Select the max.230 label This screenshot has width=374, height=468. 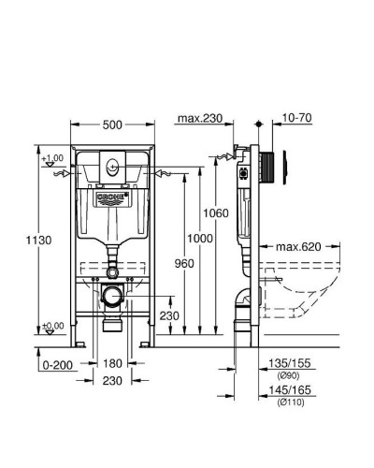(x=198, y=118)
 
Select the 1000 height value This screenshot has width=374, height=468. (x=198, y=239)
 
